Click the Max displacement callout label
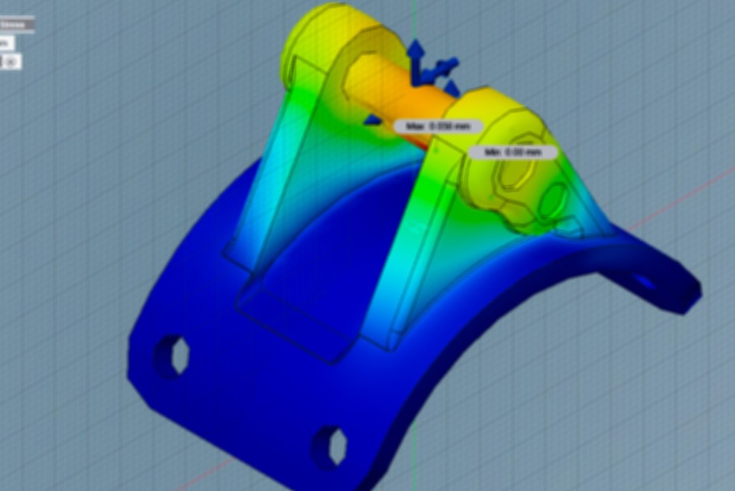(439, 126)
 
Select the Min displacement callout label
(512, 152)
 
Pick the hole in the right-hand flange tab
(645, 281)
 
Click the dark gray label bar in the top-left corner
(16, 25)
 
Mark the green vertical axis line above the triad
(414, 19)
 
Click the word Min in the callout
(493, 152)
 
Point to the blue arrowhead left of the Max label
(372, 119)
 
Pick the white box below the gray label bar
(6, 43)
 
